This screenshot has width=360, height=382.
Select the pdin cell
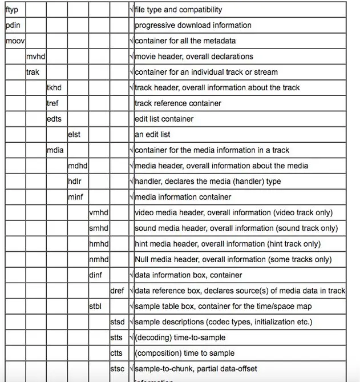point(13,25)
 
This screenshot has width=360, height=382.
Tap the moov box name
point(15,41)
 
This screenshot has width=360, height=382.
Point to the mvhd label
point(36,57)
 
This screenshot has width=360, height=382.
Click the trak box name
point(33,72)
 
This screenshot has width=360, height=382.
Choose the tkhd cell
point(55,87)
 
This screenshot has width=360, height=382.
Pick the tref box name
point(53,103)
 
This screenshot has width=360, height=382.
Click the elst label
point(74,134)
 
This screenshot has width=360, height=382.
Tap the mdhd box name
point(77,166)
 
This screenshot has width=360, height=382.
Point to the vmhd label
point(98,212)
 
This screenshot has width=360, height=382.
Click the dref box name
point(117,291)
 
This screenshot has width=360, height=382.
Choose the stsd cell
point(117,321)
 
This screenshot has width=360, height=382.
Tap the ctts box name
point(116,353)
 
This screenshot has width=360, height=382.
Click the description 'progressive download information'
point(193,25)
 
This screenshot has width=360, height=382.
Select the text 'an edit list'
point(152,134)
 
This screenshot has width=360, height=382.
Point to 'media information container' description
point(183,197)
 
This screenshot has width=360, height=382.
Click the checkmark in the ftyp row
point(131,10)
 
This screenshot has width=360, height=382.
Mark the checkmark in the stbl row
point(131,306)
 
